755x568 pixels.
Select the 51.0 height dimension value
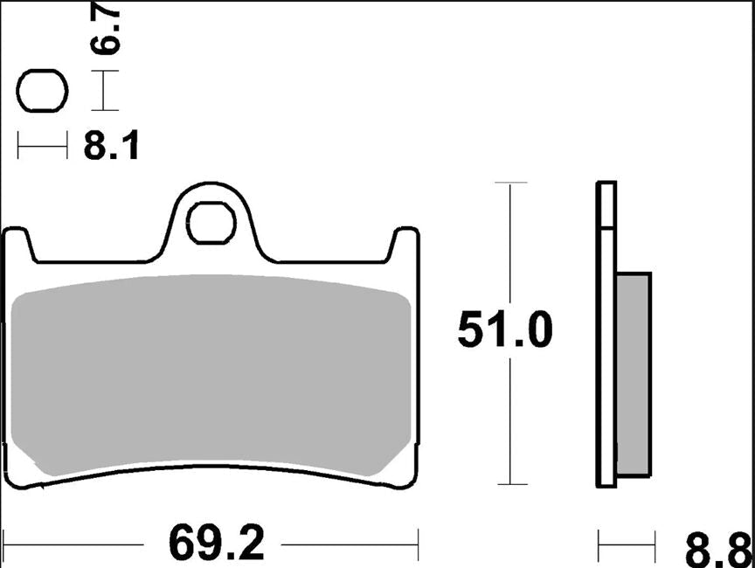pyautogui.click(x=505, y=331)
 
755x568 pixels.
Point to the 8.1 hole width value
pyautogui.click(x=112, y=148)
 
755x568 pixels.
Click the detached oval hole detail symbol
pyautogui.click(x=43, y=91)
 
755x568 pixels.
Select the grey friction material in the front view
pyautogui.click(x=210, y=376)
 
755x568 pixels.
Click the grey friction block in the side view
pyautogui.click(x=634, y=376)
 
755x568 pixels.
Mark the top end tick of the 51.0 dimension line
pyautogui.click(x=510, y=183)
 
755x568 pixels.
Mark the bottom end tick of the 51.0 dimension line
pyautogui.click(x=510, y=483)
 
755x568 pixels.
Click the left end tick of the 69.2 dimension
pyautogui.click(x=5, y=545)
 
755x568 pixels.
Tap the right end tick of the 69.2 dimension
pyautogui.click(x=419, y=545)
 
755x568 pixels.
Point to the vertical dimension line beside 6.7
pyautogui.click(x=105, y=91)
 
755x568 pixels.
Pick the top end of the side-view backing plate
pyautogui.click(x=606, y=184)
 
